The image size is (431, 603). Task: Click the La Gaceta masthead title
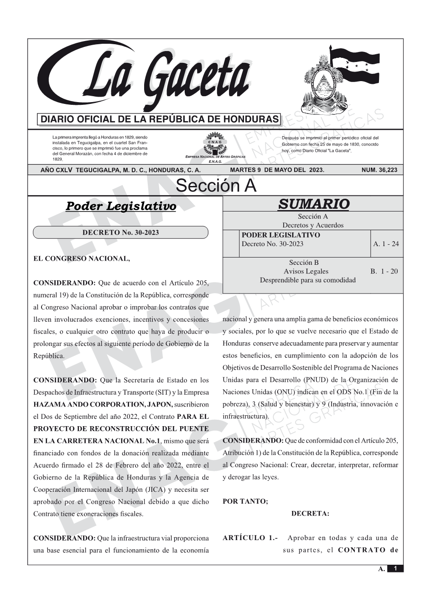[151, 77]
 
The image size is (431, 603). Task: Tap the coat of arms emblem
[322, 89]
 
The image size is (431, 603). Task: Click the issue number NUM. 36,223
[379, 170]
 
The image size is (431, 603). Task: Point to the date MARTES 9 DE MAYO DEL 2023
[277, 170]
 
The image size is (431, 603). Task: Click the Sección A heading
[216, 186]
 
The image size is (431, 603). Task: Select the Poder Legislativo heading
[121, 206]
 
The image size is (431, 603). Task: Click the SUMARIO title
[313, 204]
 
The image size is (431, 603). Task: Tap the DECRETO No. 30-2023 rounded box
[120, 232]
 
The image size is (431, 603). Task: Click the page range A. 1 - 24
[386, 244]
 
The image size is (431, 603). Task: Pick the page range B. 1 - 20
[384, 271]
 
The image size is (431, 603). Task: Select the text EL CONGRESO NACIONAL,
[82, 259]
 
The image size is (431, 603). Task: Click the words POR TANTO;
[245, 501]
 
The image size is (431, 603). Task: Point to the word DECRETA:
[310, 514]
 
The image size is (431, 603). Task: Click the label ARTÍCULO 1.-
[250, 538]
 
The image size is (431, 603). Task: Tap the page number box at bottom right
[395, 568]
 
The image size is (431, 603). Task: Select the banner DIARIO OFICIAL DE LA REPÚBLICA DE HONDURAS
[160, 119]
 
